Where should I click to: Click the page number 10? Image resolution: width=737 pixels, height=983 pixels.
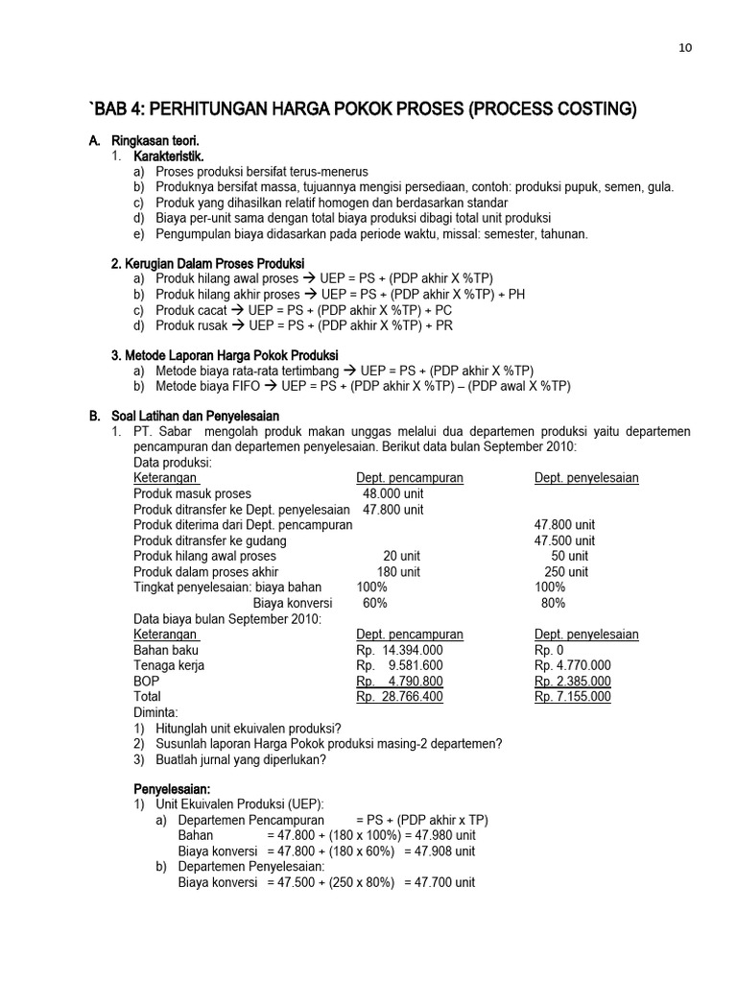click(x=684, y=48)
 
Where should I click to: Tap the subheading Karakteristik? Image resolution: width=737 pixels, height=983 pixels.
click(x=169, y=156)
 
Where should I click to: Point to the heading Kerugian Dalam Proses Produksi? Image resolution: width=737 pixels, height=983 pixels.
click(x=208, y=263)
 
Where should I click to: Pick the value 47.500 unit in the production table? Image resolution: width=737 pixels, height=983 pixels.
click(x=564, y=540)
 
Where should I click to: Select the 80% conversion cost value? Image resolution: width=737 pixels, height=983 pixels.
click(x=553, y=603)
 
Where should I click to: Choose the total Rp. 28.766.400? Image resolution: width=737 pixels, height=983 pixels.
click(x=399, y=697)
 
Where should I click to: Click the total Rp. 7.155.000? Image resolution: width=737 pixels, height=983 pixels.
click(x=572, y=697)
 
